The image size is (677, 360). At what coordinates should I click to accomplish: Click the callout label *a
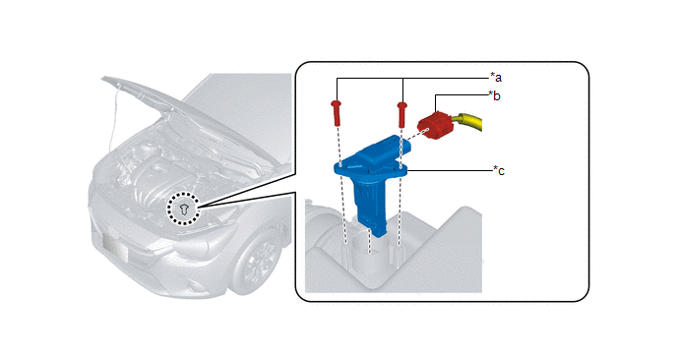tap(496, 78)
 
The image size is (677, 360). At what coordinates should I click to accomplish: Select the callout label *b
tap(494, 95)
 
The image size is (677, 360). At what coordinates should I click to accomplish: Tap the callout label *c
tap(499, 171)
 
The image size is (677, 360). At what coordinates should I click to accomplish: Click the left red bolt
tap(337, 113)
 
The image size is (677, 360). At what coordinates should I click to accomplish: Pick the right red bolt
tap(401, 114)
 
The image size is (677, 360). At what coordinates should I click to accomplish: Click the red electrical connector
tap(435, 126)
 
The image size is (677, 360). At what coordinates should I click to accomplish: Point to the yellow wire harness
tap(469, 122)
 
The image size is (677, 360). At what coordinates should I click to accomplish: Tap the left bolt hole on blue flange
tap(340, 164)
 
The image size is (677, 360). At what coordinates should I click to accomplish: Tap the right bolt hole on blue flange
tap(401, 166)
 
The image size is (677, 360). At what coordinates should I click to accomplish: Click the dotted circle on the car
tap(183, 209)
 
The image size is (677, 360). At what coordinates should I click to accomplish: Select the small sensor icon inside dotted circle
tap(184, 210)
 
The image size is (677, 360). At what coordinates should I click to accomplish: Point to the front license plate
tap(116, 249)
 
